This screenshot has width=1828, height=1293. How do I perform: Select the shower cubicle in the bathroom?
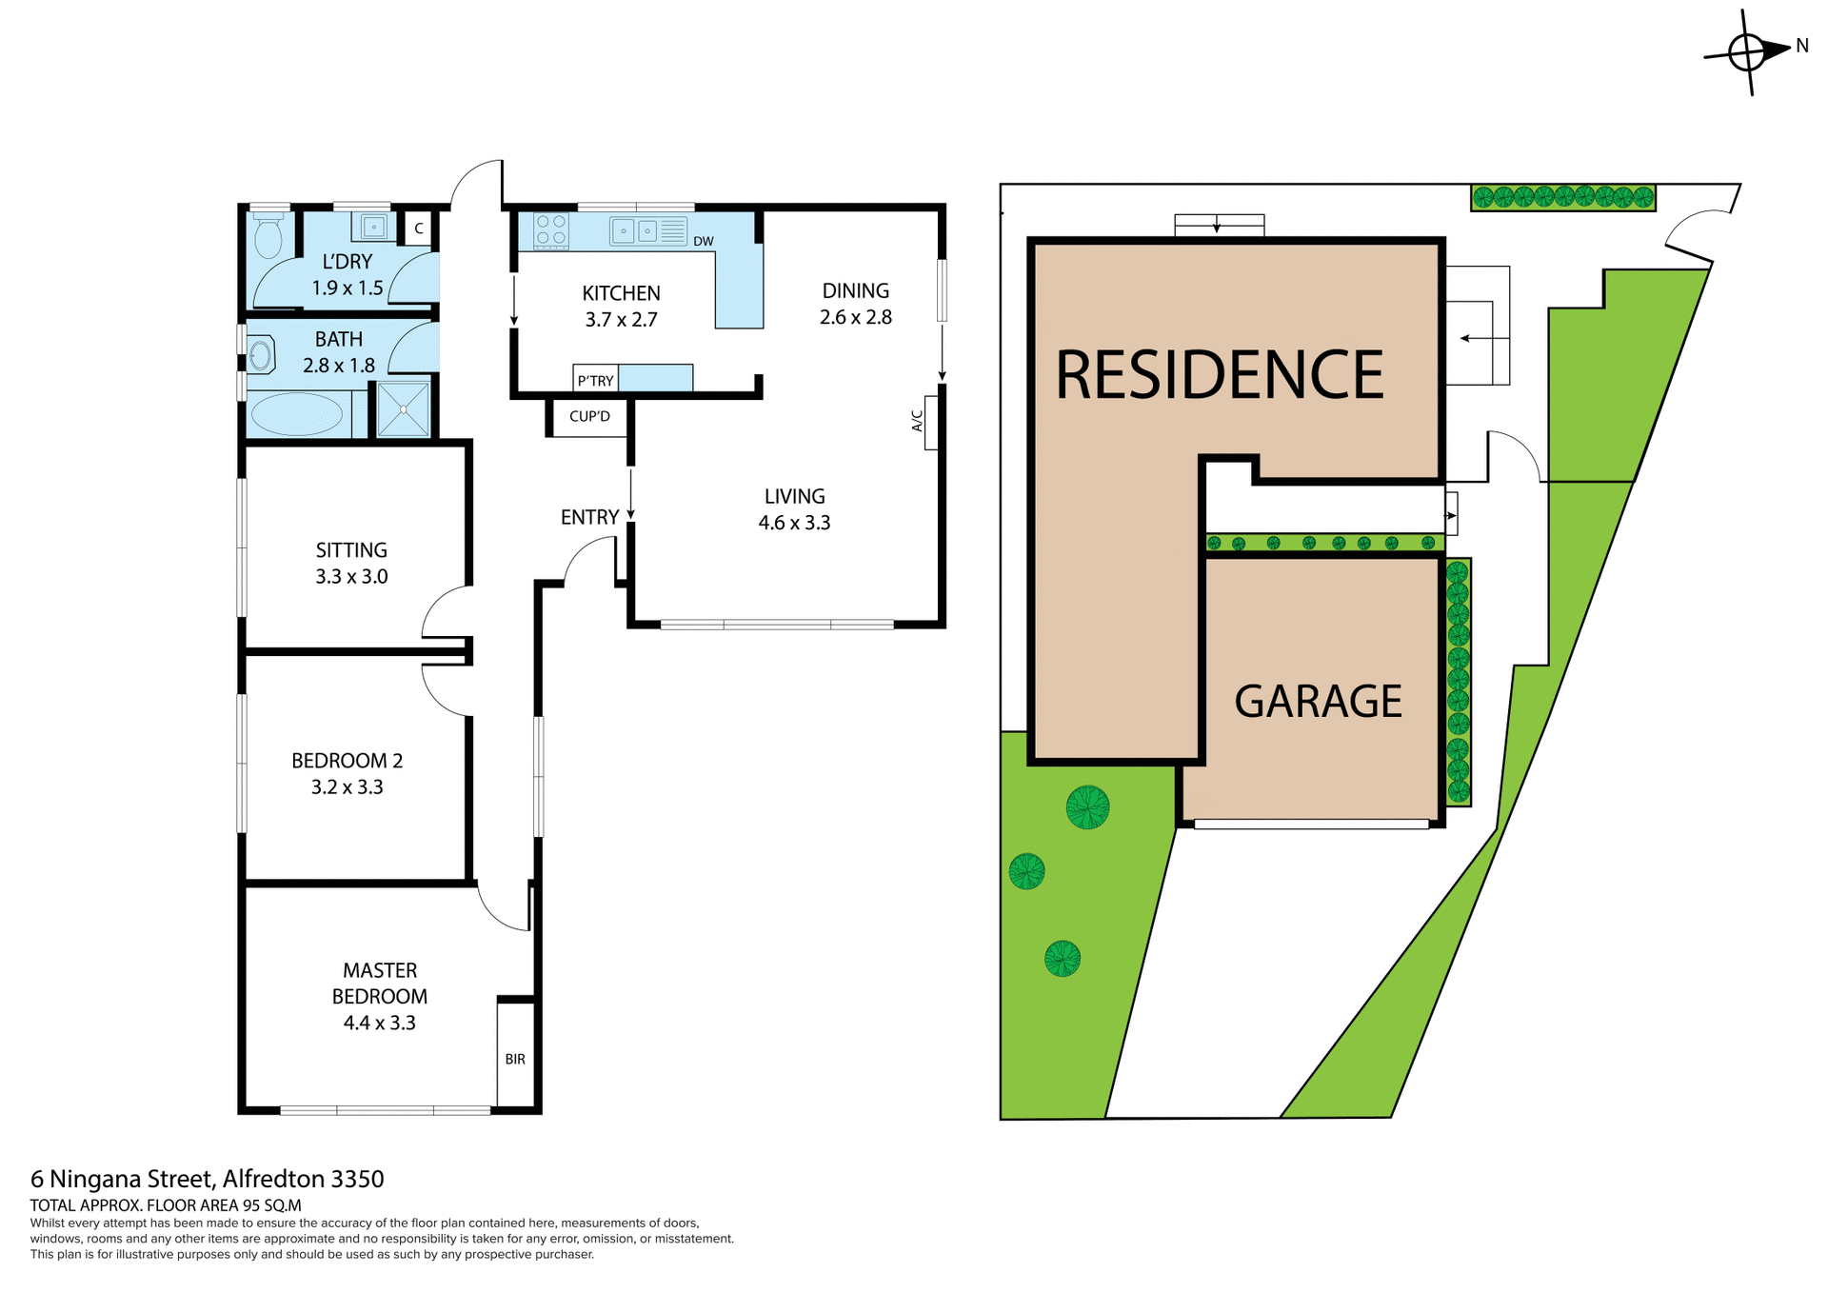click(404, 409)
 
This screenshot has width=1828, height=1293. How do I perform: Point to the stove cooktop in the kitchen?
click(551, 230)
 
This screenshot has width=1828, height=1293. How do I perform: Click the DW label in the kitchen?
click(704, 242)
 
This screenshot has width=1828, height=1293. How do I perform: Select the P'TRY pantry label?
click(596, 381)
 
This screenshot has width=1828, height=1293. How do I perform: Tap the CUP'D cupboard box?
click(589, 417)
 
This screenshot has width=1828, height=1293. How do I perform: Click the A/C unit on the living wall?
click(930, 422)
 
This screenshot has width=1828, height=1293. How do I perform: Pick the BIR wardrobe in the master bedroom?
click(515, 1058)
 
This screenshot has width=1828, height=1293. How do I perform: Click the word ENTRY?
click(589, 517)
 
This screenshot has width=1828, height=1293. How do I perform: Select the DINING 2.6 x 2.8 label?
click(855, 304)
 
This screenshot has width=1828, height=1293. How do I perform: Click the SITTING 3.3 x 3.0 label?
click(351, 563)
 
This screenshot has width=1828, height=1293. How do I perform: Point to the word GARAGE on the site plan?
click(1318, 702)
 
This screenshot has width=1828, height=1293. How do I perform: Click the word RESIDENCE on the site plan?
click(1220, 375)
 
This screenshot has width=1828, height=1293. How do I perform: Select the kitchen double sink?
click(636, 230)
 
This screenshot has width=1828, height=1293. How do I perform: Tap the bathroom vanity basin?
click(261, 355)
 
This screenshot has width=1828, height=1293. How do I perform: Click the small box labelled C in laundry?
click(419, 229)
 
